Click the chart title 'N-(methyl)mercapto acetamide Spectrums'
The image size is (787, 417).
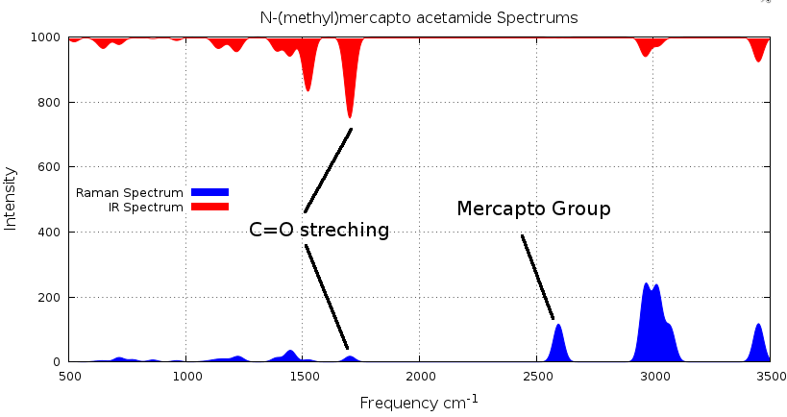[419, 18]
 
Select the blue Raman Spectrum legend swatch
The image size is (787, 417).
[209, 192]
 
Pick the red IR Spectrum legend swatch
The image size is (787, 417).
[209, 207]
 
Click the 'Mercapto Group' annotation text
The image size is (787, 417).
[533, 209]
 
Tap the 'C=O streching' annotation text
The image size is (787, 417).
[319, 231]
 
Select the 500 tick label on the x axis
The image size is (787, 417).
[69, 377]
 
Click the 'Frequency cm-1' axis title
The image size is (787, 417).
[419, 402]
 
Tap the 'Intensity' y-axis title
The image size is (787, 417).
[12, 199]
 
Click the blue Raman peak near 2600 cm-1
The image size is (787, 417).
[558, 341]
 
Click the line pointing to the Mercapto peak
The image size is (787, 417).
[537, 277]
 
